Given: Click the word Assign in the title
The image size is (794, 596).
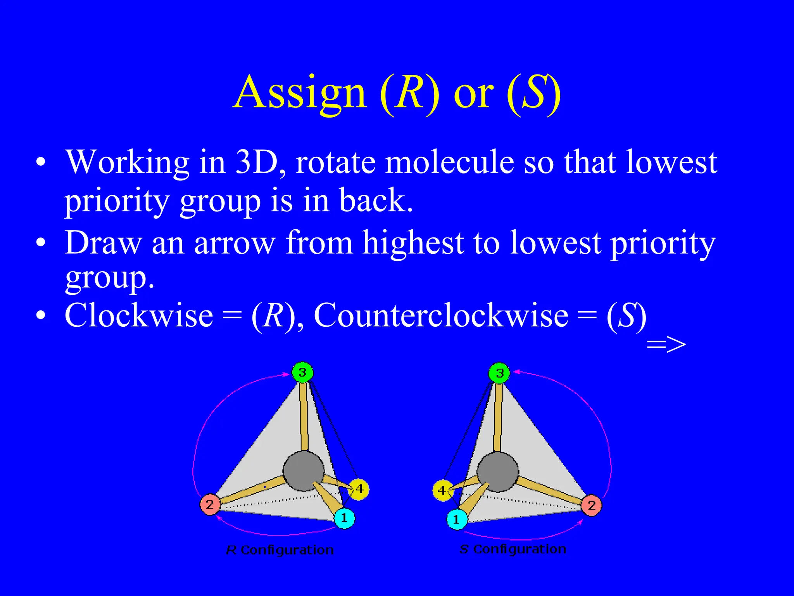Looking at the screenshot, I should click(300, 93).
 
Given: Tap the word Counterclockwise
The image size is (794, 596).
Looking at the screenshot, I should click(441, 315).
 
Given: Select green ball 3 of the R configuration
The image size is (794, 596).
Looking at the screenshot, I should click(302, 372).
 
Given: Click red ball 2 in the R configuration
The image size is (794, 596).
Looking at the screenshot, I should click(210, 504).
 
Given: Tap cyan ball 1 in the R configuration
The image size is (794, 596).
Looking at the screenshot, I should click(344, 518).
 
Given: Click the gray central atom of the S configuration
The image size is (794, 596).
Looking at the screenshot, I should click(498, 471).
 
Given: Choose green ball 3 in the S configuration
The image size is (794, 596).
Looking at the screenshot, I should click(499, 373).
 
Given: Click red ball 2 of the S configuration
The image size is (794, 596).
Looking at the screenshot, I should click(591, 505).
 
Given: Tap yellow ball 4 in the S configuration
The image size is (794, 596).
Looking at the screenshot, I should click(442, 490).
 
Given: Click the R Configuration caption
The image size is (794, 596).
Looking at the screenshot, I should click(280, 550).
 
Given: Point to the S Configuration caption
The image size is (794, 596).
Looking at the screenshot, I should click(513, 549).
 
